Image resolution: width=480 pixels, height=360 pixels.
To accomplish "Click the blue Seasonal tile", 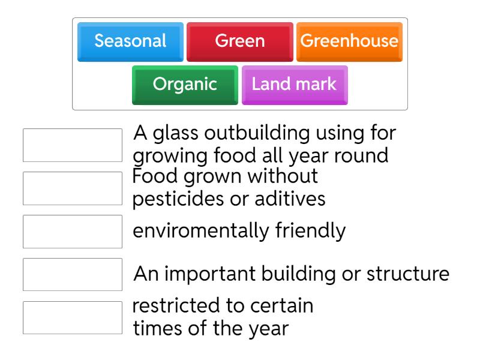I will click(x=130, y=41).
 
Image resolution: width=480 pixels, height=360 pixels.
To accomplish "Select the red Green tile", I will click(x=239, y=41).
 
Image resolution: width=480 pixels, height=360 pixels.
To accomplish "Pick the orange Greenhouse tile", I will click(x=349, y=41).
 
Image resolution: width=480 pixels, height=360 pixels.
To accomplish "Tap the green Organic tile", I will click(x=185, y=84).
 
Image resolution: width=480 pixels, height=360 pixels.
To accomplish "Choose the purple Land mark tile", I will click(x=294, y=84).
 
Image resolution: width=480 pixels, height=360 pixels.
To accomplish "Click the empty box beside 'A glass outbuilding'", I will click(x=72, y=145).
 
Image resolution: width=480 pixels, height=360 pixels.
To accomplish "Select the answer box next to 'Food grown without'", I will click(x=72, y=188).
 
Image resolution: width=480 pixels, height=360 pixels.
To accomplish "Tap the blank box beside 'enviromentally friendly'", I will click(x=72, y=232).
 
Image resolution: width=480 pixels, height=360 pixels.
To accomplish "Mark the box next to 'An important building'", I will click(x=72, y=274).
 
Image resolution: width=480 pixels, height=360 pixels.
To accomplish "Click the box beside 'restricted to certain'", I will click(x=72, y=317).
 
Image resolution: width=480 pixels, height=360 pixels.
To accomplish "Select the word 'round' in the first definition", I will click(x=360, y=155).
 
